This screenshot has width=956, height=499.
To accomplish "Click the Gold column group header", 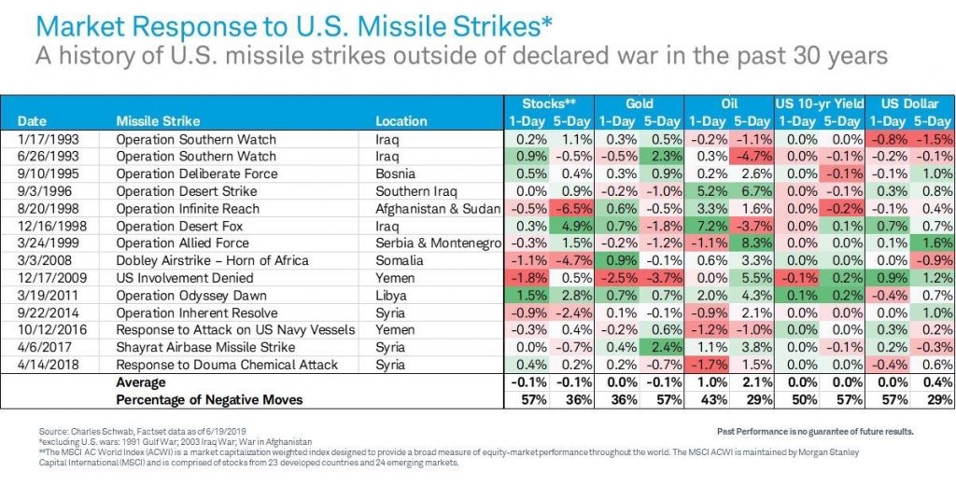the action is click(639, 104).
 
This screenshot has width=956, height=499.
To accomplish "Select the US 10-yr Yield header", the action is click(820, 104).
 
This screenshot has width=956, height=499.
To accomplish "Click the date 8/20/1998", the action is click(52, 208).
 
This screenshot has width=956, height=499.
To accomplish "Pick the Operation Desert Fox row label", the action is click(179, 226).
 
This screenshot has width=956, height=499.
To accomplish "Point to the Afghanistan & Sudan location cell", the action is click(438, 209).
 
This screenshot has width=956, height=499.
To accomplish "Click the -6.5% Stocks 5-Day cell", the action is click(571, 208).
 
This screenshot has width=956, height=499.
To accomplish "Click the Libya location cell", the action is click(391, 296).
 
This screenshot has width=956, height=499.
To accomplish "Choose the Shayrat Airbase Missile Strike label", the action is click(205, 347).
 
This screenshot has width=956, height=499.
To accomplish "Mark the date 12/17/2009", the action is click(52, 278).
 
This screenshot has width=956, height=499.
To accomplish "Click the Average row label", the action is click(141, 382).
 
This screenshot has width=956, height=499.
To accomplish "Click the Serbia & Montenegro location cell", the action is click(439, 243).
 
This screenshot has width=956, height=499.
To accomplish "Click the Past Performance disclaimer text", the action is click(815, 431).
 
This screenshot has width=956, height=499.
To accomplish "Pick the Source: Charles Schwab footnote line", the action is click(143, 431).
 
